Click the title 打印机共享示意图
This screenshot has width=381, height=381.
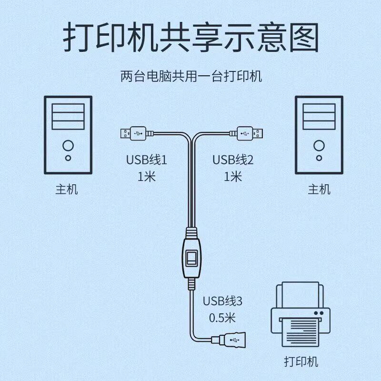190,38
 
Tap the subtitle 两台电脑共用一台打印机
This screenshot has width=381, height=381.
190,76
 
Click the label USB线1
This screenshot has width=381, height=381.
147,160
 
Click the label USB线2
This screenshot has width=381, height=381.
233,160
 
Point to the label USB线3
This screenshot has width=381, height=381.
223,301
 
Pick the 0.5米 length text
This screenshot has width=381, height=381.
223,318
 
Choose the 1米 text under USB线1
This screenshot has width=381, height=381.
147,177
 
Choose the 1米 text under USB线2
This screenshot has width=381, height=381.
233,177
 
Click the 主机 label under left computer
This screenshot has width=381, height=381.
67,190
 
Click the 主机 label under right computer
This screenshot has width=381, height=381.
319,190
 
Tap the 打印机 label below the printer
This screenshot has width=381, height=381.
301,361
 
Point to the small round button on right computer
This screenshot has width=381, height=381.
319,158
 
